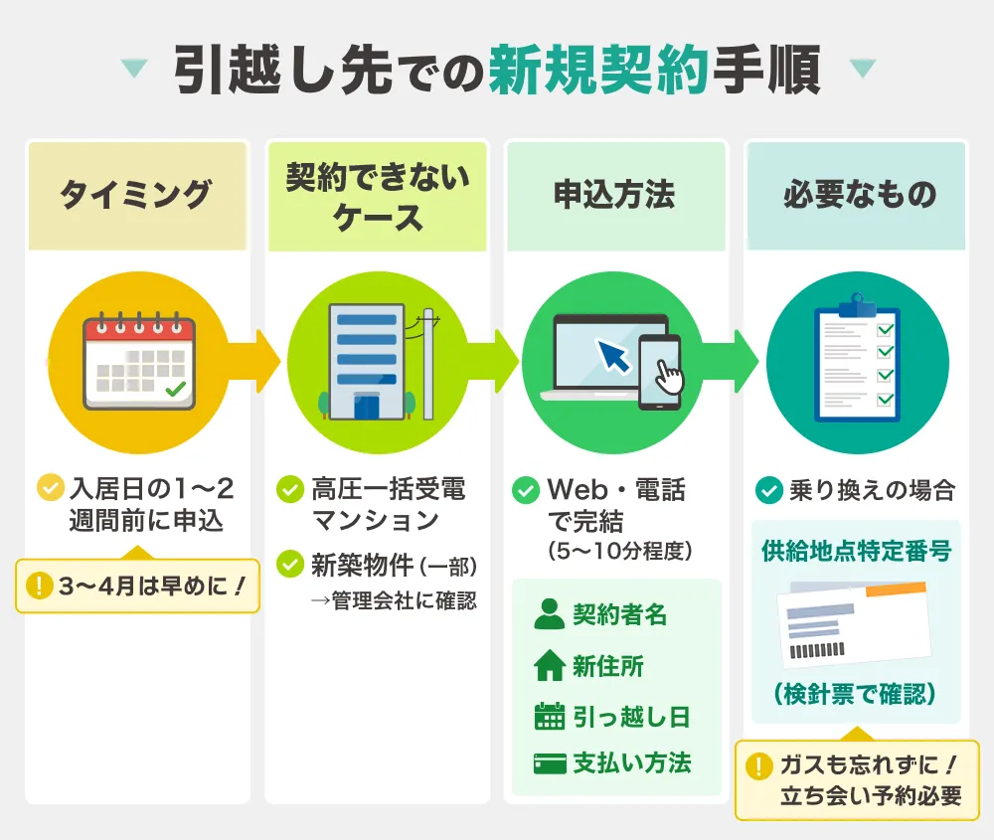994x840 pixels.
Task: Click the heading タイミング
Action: point(136,194)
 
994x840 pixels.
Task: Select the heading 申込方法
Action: point(614,194)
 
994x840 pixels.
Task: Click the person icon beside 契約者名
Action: point(549,614)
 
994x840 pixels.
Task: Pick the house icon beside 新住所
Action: point(549,666)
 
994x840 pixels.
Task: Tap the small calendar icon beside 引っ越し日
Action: point(549,717)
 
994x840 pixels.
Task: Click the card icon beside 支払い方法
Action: point(549,763)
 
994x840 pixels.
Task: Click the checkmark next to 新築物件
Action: point(290,565)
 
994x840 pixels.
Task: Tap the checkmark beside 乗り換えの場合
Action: point(768,490)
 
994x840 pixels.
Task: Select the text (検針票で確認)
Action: point(856,694)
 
